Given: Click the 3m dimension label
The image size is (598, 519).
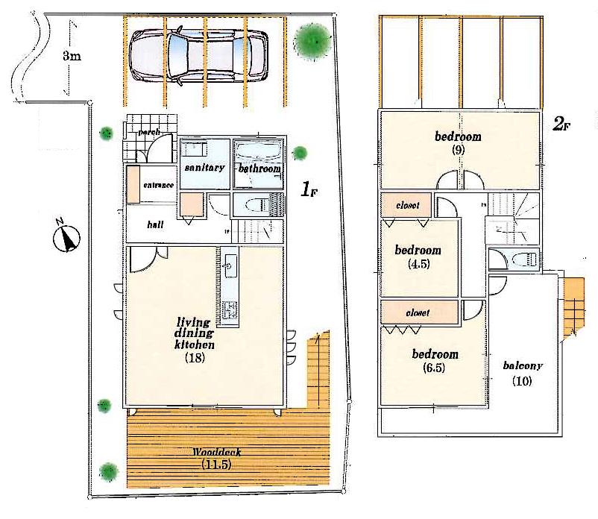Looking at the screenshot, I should coord(72,57).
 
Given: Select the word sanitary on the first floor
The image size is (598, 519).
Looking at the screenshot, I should coord(204,168).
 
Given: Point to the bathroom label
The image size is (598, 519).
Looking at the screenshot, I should coord(259,169).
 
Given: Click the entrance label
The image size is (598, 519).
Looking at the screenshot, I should coord(159,185).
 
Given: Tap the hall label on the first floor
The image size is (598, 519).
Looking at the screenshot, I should coord(155,224).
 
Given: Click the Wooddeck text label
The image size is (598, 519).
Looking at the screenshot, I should coord(220,453).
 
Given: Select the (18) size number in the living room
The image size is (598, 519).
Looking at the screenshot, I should coord(195,358).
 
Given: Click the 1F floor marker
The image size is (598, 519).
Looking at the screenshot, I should coord(310,190).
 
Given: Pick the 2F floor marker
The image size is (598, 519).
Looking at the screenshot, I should coord(561,125).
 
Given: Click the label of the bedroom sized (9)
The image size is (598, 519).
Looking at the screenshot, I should coord(458,136).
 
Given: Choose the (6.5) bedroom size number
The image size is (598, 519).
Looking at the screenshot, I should coord(435,368).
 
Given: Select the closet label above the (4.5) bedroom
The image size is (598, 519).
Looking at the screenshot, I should coord(408,205).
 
